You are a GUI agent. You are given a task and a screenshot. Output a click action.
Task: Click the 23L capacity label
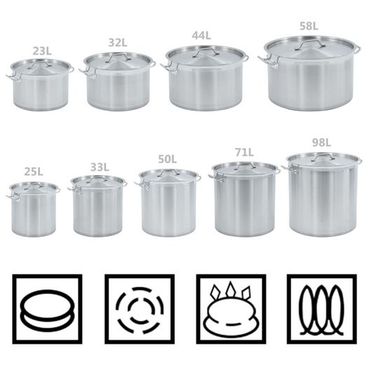pos(42,51)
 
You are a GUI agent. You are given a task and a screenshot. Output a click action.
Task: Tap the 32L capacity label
pos(118,43)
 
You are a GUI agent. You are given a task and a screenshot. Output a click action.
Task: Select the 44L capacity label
pos(201,35)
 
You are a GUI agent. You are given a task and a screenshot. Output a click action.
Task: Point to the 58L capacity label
pos(309,26)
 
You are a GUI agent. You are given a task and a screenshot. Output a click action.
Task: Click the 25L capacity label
pos(34,172)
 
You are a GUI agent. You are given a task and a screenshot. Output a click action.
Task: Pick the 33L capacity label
pos(100,167)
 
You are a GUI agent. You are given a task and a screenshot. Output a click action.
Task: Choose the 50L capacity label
pos(168,159)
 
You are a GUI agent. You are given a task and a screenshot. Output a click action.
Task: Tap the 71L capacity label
pos(245,153)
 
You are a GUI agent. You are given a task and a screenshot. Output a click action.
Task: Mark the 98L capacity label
pos(322,142)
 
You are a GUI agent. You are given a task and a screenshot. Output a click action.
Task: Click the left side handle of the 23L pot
pos(12,76)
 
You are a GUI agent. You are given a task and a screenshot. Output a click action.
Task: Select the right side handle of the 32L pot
pos(153,64)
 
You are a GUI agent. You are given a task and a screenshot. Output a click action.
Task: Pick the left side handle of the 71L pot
pos(215,177)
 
